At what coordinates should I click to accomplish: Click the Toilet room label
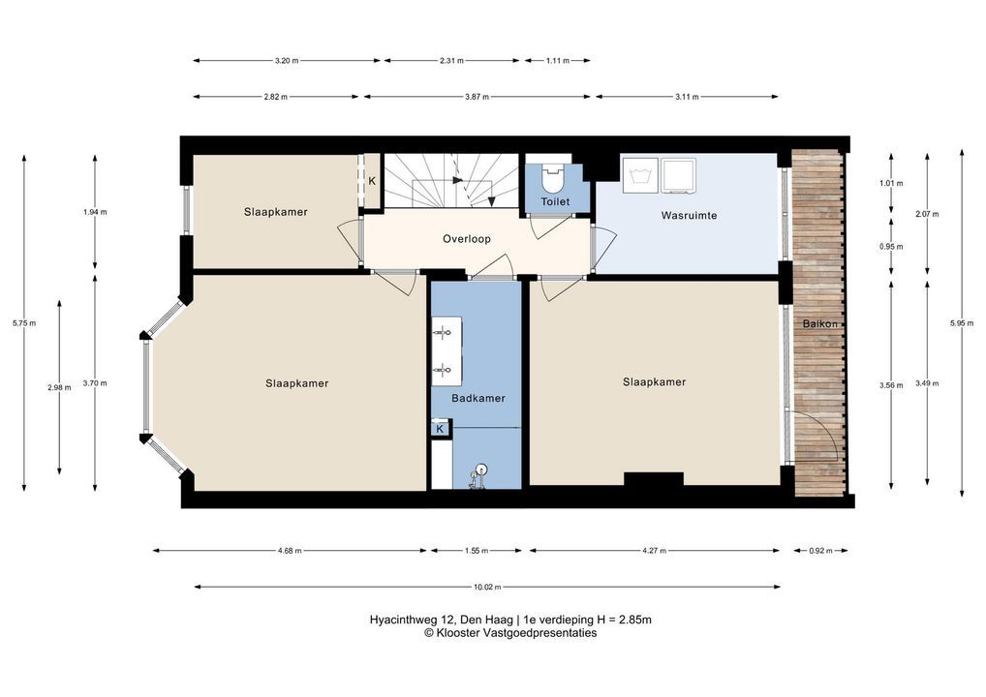point(555,201)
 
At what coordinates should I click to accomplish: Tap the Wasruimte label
point(689,216)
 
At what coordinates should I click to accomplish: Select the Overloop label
point(467,239)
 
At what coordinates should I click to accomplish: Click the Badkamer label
point(478,398)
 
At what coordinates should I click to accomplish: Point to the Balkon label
point(820,323)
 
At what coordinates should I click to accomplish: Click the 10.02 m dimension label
point(487,587)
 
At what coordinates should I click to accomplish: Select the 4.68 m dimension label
point(290,551)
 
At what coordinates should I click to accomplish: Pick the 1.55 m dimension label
point(476,551)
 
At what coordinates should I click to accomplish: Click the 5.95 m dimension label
point(961,323)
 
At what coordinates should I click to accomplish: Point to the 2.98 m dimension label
point(59,388)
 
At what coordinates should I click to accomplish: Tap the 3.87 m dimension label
point(477,97)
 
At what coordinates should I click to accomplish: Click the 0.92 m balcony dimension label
point(820,551)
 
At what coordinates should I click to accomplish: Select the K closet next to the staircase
point(372,180)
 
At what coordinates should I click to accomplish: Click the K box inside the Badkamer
point(440,429)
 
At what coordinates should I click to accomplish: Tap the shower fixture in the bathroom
point(478,475)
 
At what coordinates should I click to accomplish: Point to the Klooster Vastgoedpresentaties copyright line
point(510,633)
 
